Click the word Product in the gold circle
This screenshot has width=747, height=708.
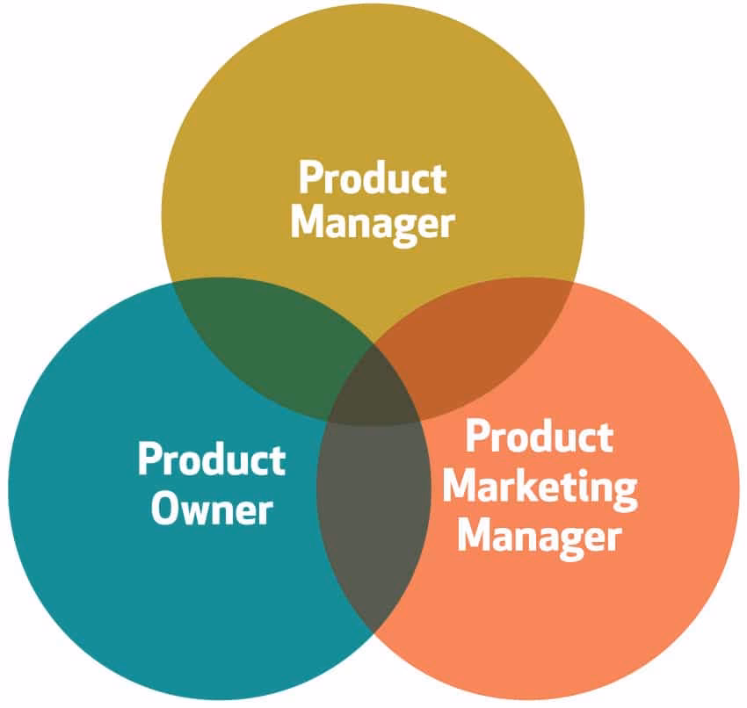pos(373,178)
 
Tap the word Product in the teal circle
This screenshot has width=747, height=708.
pos(211,460)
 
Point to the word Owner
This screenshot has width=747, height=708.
pos(211,507)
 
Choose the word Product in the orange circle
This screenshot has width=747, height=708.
pos(539,437)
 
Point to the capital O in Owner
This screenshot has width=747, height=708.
pos(164,507)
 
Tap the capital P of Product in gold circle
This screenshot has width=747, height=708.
pos(309,178)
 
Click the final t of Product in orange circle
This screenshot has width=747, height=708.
pos(604,437)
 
